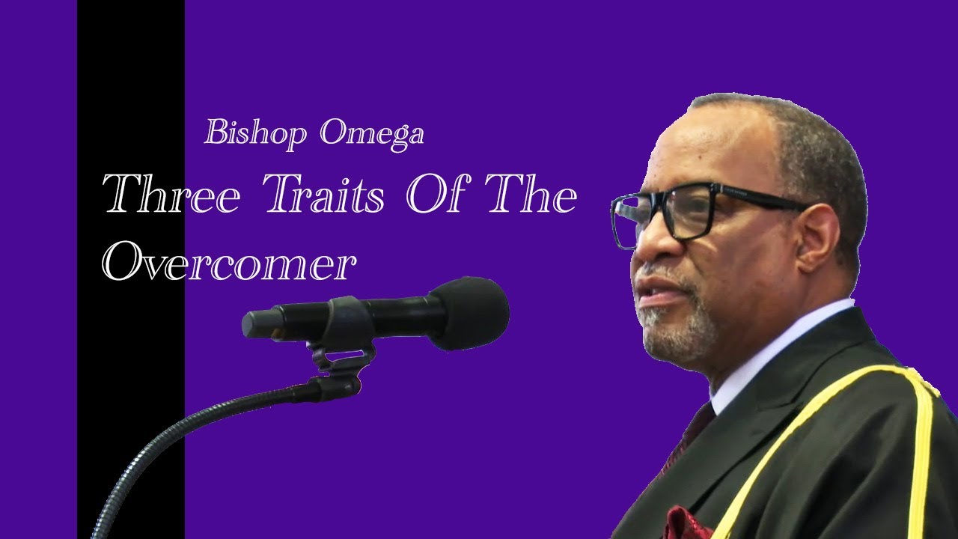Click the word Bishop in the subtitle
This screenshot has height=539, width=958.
coord(255,134)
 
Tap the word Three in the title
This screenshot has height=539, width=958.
coord(171,193)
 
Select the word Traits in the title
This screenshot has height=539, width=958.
coord(326,193)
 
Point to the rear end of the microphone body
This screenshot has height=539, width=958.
coord(252,325)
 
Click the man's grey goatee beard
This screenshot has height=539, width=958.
coord(680,329)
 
